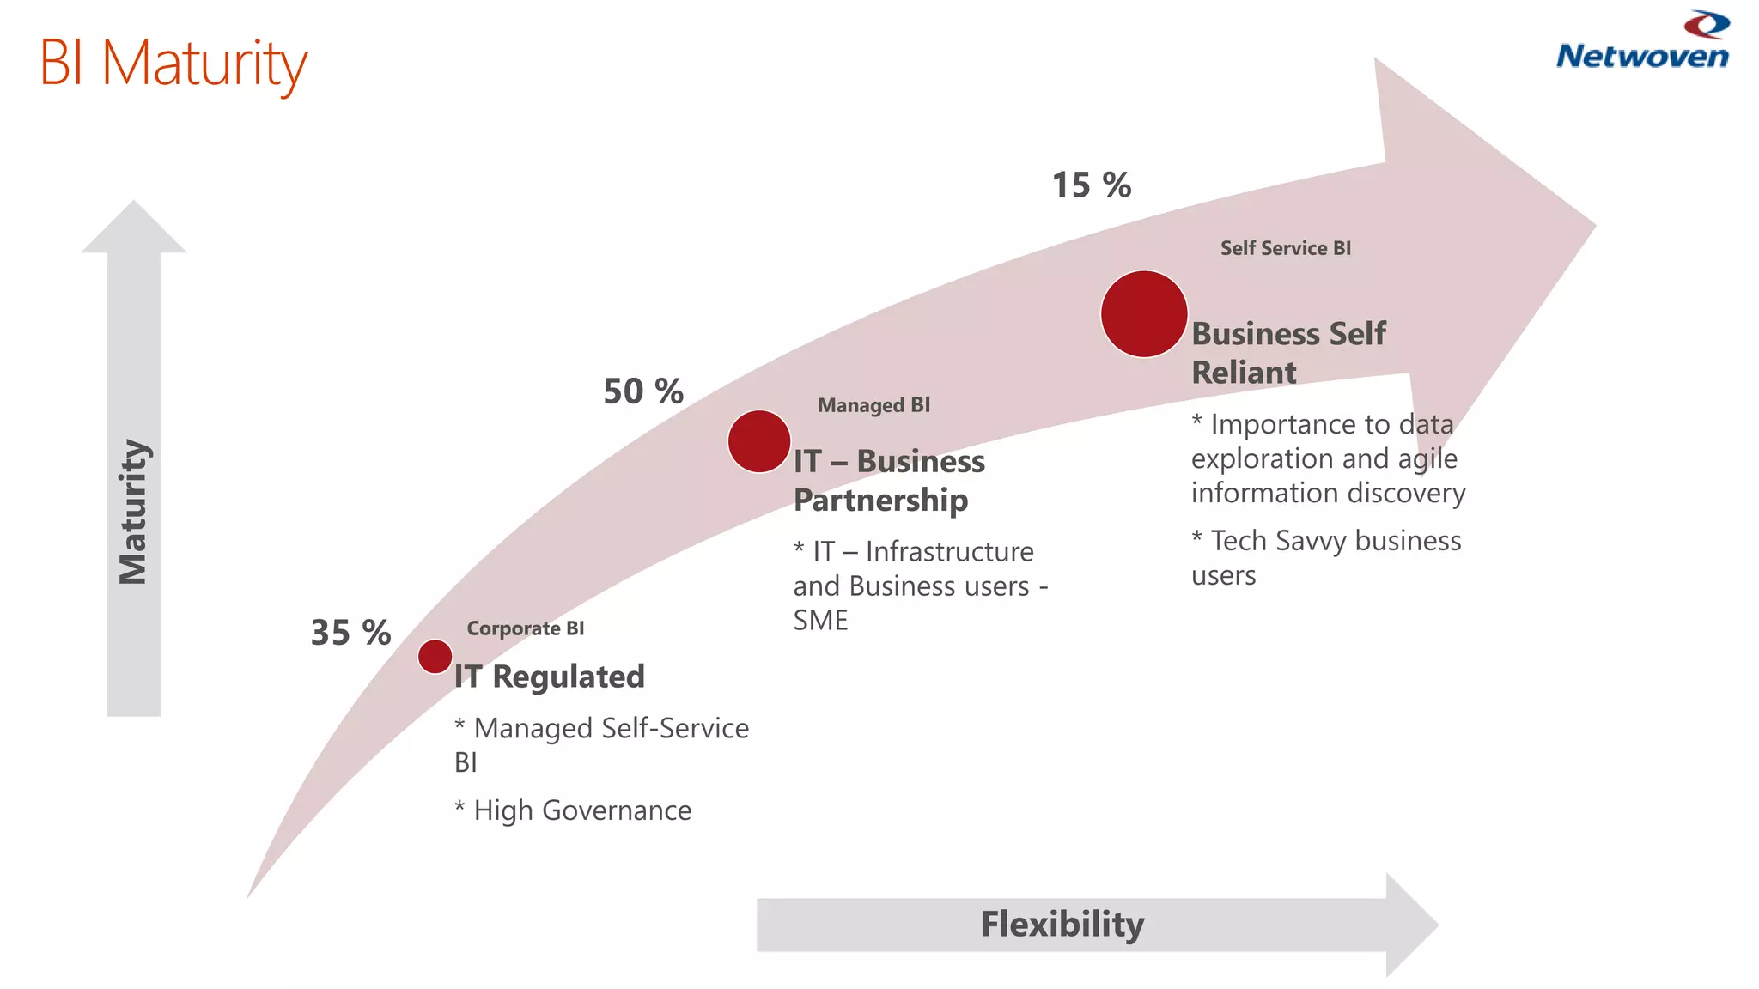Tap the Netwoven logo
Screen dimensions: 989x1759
point(1642,43)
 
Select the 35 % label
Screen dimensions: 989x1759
point(350,633)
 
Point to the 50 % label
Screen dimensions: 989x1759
point(643,391)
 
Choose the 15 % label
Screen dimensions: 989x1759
point(1092,185)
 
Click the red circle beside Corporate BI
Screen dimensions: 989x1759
point(435,657)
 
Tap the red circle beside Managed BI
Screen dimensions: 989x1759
point(759,441)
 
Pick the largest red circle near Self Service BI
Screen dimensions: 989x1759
point(1144,314)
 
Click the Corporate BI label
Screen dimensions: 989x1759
point(526,628)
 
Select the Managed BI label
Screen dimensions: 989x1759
point(873,405)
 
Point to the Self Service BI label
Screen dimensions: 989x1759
point(1285,248)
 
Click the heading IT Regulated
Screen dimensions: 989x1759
point(550,677)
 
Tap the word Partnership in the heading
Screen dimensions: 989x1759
point(880,500)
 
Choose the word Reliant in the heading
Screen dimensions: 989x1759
point(1244,373)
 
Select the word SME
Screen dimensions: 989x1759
point(820,620)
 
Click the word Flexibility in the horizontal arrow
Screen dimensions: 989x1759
point(1062,925)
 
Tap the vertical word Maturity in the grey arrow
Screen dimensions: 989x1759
point(134,512)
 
